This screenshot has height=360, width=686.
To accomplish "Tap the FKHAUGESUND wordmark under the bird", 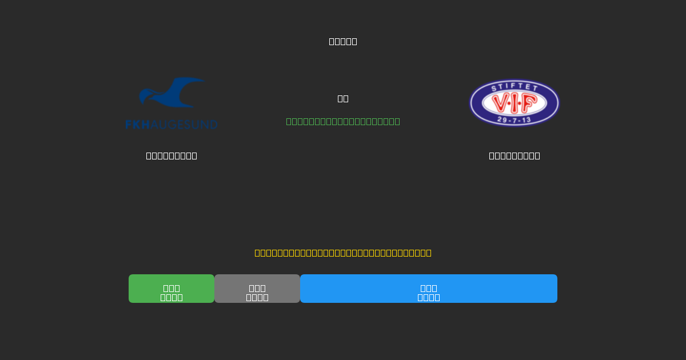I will pyautogui.click(x=171, y=124).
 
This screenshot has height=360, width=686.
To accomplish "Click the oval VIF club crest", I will pyautogui.click(x=514, y=103).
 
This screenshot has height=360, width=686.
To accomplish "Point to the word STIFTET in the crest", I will pyautogui.click(x=514, y=87).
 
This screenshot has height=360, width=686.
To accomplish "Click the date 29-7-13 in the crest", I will pyautogui.click(x=514, y=119).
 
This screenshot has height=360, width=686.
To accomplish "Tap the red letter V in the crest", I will pyautogui.click(x=501, y=103).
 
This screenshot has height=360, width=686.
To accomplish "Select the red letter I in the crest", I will pyautogui.click(x=514, y=103).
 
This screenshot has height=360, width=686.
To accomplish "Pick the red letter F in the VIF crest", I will pyautogui.click(x=528, y=103).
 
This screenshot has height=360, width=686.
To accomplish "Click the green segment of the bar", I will pyautogui.click(x=171, y=289).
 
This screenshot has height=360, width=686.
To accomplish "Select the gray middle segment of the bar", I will pyautogui.click(x=257, y=289).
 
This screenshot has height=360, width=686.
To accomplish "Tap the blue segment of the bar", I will pyautogui.click(x=429, y=289).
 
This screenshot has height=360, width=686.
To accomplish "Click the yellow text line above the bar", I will pyautogui.click(x=343, y=253).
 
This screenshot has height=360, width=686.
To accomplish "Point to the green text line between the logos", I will pyautogui.click(x=343, y=121).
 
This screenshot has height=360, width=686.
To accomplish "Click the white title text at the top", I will pyautogui.click(x=343, y=41).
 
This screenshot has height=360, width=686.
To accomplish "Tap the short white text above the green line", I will pyautogui.click(x=343, y=98).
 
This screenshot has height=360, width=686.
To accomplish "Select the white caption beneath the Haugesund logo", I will pyautogui.click(x=171, y=155).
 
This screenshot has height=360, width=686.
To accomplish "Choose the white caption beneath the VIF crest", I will pyautogui.click(x=514, y=155).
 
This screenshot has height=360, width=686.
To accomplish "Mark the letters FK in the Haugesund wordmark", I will pyautogui.click(x=133, y=124).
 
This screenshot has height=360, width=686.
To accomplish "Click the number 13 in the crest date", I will pyautogui.click(x=527, y=119).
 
